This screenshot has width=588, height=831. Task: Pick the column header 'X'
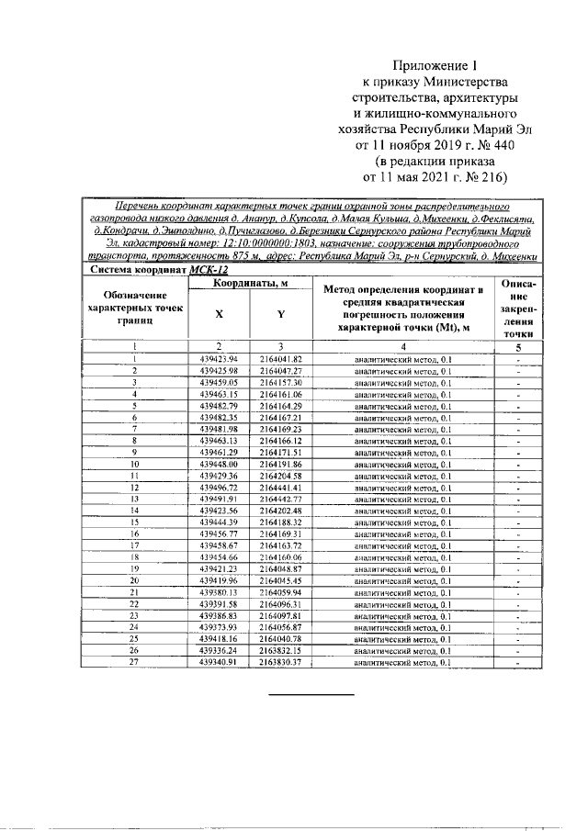[218, 313]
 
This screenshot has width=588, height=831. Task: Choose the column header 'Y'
[280, 313]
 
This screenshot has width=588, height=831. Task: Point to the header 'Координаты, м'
[250, 285]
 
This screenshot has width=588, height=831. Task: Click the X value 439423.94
[219, 358]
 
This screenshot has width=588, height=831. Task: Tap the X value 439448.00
[219, 465]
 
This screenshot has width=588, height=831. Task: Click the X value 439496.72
[219, 488]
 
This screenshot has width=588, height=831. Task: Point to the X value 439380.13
[219, 592]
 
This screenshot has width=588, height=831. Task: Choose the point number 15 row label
[134, 522]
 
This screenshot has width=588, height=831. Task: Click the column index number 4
[403, 347]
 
